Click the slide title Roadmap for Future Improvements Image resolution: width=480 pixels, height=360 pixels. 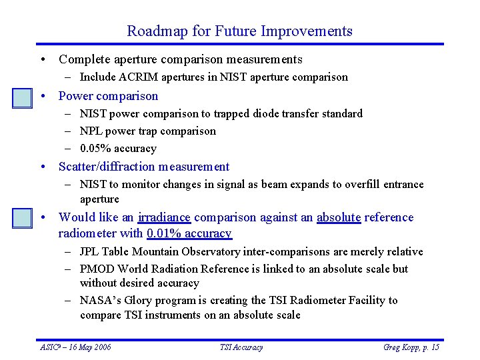click(x=239, y=31)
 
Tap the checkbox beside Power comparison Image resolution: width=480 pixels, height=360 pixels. click(x=23, y=98)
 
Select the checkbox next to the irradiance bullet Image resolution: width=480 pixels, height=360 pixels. click(x=23, y=218)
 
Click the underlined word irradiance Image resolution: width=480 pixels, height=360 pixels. click(x=164, y=217)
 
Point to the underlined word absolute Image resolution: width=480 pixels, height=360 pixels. click(x=338, y=217)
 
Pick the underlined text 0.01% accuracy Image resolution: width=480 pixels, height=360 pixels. click(x=189, y=233)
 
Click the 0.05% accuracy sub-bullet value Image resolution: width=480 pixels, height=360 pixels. click(x=118, y=149)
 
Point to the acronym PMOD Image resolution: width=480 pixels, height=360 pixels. click(x=95, y=269)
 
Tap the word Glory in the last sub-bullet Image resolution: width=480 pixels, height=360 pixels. click(x=137, y=301)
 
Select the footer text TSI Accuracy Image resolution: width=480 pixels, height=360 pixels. click(x=241, y=347)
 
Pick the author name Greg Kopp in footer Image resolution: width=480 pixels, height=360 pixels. click(x=401, y=347)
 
